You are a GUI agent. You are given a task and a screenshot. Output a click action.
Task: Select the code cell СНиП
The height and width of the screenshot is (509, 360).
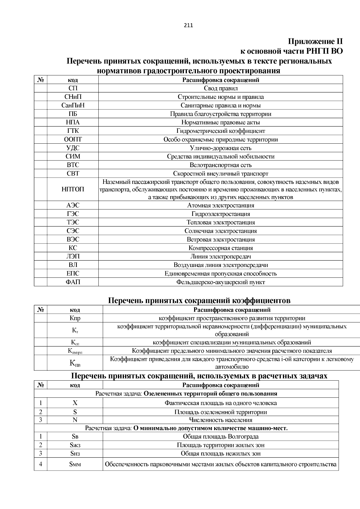click(x=73, y=97)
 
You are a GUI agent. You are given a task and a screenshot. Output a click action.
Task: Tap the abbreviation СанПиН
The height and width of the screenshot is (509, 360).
click(x=73, y=105)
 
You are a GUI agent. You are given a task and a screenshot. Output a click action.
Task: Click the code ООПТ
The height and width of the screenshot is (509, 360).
click(x=73, y=139)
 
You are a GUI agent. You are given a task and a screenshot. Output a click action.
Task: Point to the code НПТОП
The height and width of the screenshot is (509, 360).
click(x=73, y=189)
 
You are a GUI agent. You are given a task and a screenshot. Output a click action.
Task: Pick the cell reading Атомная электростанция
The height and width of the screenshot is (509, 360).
click(x=220, y=205)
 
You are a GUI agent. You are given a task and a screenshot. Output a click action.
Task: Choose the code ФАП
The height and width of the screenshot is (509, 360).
click(x=73, y=282)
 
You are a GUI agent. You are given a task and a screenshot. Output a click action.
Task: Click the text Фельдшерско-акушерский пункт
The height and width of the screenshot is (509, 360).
click(x=220, y=282)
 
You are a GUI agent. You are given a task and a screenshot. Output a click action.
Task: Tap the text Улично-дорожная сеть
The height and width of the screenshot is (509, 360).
click(x=220, y=148)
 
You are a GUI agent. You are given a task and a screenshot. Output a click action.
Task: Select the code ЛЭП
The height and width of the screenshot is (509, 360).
click(x=73, y=256)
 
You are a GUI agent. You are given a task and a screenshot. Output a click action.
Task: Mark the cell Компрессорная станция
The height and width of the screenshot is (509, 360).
click(x=220, y=248)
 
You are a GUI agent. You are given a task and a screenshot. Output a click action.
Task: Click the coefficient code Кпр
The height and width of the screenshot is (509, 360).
click(x=75, y=318)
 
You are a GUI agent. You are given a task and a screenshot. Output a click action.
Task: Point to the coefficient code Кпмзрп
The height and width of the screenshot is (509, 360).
click(x=75, y=351)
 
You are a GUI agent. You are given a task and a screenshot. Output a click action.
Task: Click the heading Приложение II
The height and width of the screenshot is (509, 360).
click(x=315, y=41)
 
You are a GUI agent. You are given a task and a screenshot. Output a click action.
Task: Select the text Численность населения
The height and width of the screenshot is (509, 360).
click(x=220, y=420)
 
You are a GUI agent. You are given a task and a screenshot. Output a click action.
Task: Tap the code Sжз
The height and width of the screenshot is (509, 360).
click(x=75, y=445)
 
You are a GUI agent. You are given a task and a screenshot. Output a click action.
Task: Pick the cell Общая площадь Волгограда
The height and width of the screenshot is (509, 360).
click(x=220, y=436)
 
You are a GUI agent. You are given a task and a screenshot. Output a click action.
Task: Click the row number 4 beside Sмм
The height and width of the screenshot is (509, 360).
click(x=40, y=464)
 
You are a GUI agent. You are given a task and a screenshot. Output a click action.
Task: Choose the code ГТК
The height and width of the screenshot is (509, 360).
click(x=73, y=131)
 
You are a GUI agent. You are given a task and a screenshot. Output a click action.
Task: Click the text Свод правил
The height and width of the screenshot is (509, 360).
click(x=220, y=88)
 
